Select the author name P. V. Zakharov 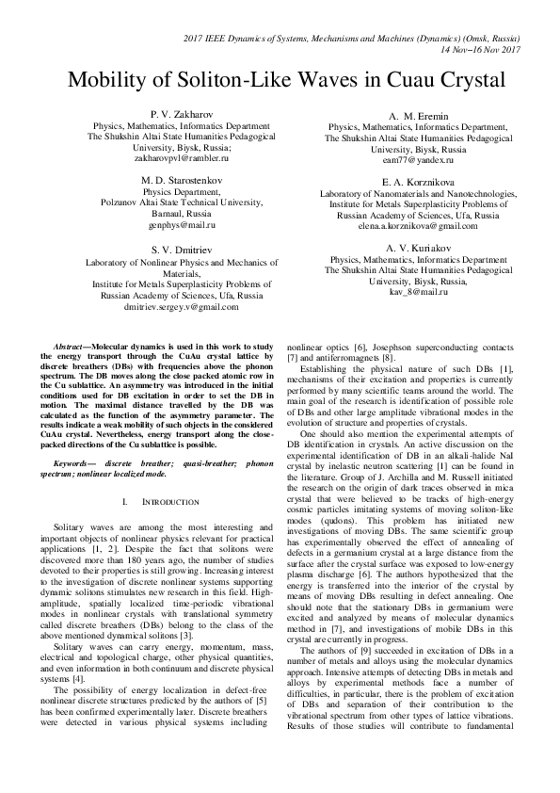pyautogui.click(x=168, y=112)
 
